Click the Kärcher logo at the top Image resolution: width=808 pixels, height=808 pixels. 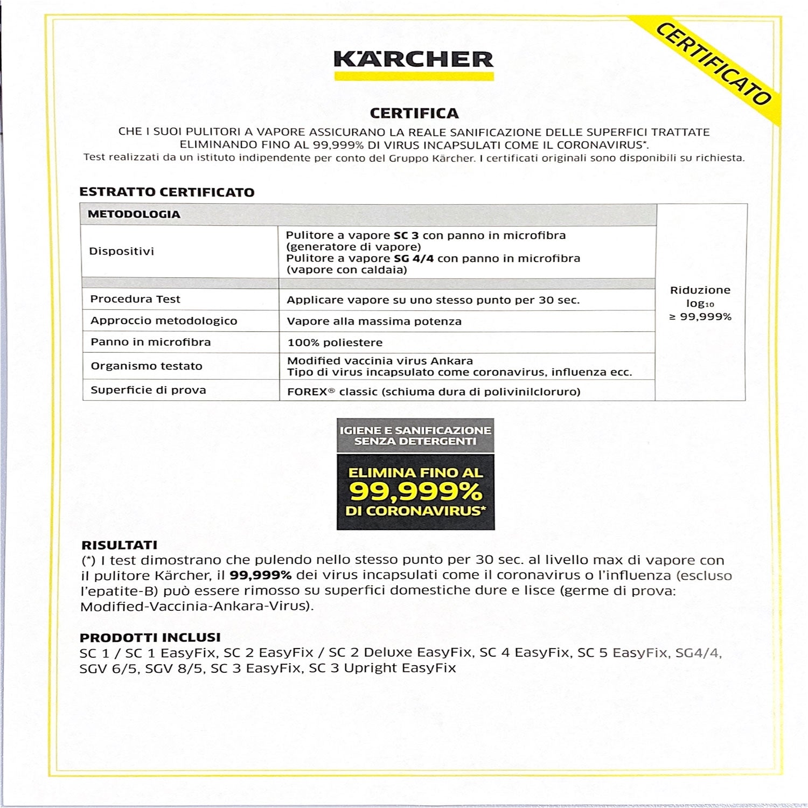(413, 60)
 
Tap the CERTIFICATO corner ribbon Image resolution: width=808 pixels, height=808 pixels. (713, 64)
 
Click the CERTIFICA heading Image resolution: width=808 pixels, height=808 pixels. (414, 113)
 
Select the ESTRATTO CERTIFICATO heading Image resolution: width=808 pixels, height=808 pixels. (166, 192)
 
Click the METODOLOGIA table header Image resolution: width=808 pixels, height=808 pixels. (134, 214)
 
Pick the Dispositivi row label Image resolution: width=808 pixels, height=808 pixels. (121, 252)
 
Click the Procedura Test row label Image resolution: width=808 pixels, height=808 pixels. (135, 299)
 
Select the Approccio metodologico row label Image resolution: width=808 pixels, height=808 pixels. (163, 321)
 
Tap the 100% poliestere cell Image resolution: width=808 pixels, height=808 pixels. (335, 343)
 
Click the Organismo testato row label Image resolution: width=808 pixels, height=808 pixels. (146, 366)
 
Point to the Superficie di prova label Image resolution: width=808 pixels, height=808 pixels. (148, 390)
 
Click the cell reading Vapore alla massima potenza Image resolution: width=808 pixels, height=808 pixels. (374, 322)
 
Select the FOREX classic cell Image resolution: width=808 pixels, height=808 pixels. (433, 392)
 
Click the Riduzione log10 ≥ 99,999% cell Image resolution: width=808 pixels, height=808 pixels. (700, 303)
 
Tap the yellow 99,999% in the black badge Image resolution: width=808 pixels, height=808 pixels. (415, 491)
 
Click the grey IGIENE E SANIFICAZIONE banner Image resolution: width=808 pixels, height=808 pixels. (415, 436)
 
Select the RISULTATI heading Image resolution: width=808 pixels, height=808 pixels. (119, 545)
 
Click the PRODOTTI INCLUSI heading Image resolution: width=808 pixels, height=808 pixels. (150, 637)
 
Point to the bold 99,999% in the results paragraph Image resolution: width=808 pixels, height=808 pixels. (260, 575)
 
